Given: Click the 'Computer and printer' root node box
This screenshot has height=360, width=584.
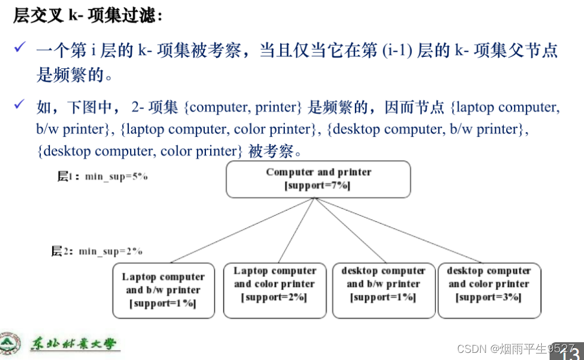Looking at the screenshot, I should point(318,179).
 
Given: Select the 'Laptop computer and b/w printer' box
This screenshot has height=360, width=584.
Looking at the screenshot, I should point(163,291).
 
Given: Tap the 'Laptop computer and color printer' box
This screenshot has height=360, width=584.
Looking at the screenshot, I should point(274,291).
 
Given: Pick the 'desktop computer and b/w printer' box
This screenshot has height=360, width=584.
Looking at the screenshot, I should point(383,291).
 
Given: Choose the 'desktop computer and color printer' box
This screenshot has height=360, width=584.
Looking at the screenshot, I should point(489,291).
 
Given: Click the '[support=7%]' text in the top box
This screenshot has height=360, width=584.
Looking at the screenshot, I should point(318,186).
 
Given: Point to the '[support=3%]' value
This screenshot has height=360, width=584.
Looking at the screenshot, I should point(488,297).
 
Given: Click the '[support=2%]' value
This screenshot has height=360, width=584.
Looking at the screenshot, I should point(274,297).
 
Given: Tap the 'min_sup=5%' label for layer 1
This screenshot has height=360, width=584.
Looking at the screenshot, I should point(116,176).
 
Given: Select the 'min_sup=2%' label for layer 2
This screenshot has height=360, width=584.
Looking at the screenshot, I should point(110,251).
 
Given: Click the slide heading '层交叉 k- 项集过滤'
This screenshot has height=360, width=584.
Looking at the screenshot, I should point(88,16).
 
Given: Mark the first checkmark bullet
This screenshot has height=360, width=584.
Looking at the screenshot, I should point(20,47).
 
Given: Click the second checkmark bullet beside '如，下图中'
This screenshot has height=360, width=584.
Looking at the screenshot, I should point(20,105).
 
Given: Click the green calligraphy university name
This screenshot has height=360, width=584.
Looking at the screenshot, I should point(74,345).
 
